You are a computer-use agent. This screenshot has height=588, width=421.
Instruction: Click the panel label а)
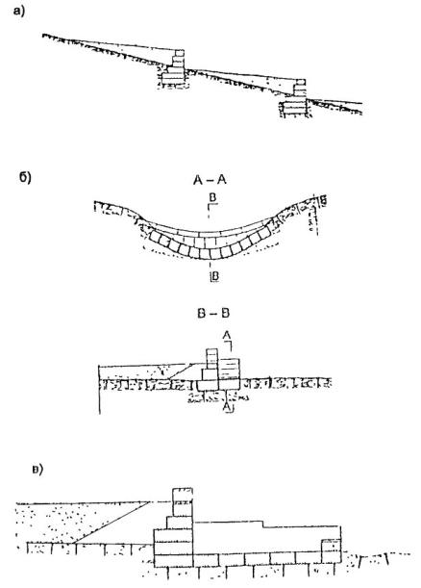coord(18,12)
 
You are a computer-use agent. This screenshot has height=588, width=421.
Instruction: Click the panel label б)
coord(25,177)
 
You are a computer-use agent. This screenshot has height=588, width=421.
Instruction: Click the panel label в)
coord(37,469)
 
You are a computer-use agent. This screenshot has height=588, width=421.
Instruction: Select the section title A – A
coord(210,180)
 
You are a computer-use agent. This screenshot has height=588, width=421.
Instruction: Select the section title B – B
coord(213,313)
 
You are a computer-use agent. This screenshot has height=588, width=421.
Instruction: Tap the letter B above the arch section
coord(213,198)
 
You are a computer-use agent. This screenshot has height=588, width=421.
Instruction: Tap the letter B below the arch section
coord(214,276)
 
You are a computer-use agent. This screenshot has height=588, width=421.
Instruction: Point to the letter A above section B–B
coord(227,335)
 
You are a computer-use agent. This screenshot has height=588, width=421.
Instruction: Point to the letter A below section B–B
coord(227,407)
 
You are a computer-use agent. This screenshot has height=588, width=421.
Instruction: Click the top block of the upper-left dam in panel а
coord(180,53)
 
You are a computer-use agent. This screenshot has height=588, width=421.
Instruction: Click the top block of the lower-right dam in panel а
coord(301,82)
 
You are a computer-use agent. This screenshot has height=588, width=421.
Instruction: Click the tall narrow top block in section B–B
coord(212,359)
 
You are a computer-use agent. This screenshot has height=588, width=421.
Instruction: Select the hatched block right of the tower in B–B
coord(229,369)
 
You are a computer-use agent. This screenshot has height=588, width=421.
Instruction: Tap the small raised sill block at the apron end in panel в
coord(331,550)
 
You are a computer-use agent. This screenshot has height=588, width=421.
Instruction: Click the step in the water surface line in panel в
coord(262,524)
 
